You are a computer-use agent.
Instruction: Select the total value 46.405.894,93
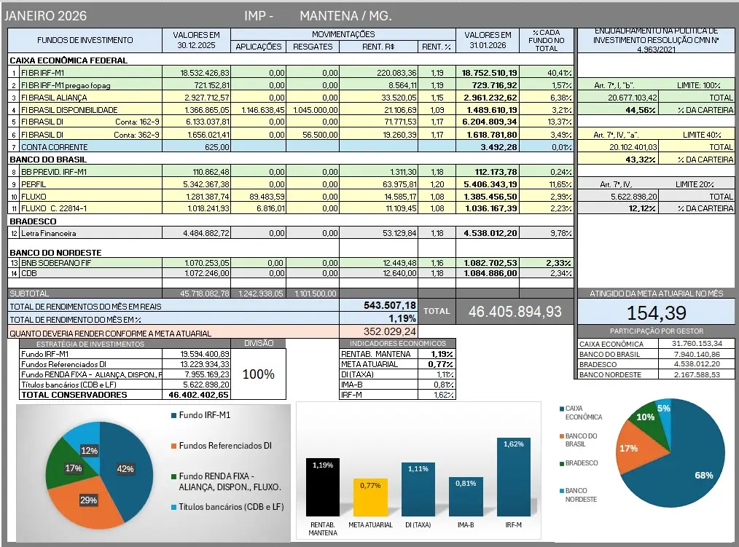(515, 311)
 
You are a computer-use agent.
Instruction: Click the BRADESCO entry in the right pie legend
(582, 463)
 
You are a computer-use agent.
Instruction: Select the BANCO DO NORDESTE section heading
(55, 252)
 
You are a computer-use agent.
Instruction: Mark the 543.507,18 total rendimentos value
(390, 306)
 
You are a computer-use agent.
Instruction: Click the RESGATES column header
(313, 47)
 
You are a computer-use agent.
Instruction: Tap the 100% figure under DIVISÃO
(258, 374)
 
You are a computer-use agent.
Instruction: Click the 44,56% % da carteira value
(641, 110)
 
